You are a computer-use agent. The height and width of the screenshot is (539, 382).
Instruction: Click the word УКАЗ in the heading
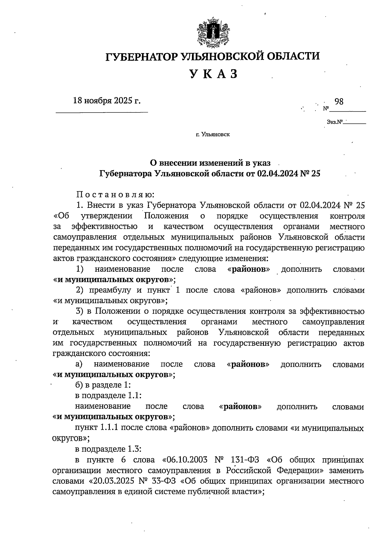(214, 74)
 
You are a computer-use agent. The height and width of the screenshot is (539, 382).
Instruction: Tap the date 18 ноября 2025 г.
(107, 101)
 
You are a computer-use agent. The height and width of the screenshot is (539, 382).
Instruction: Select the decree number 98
(339, 102)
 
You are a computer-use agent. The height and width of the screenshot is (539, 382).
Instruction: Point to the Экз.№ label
(334, 122)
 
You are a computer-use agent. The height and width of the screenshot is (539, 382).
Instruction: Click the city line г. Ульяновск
(213, 135)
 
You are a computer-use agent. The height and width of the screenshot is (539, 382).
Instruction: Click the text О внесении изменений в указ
(210, 163)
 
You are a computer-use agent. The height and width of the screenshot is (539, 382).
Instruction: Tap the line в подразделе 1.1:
(108, 395)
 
